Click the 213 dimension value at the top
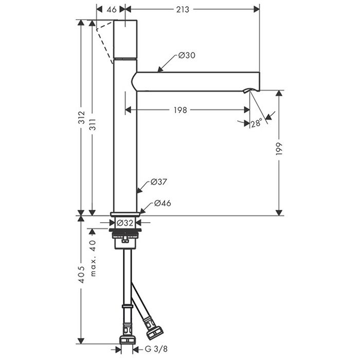pyautogui.click(x=183, y=9)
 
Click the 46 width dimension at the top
pyautogui.click(x=112, y=9)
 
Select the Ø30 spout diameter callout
pyautogui.click(x=187, y=56)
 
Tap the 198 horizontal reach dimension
pyautogui.click(x=180, y=110)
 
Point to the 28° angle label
pyautogui.click(x=256, y=123)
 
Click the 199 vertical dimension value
pyautogui.click(x=279, y=149)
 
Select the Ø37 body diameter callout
pyautogui.click(x=158, y=182)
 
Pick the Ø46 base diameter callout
pyautogui.click(x=163, y=203)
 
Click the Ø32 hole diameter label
pyautogui.click(x=125, y=223)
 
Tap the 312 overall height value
pyautogui.click(x=81, y=118)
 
